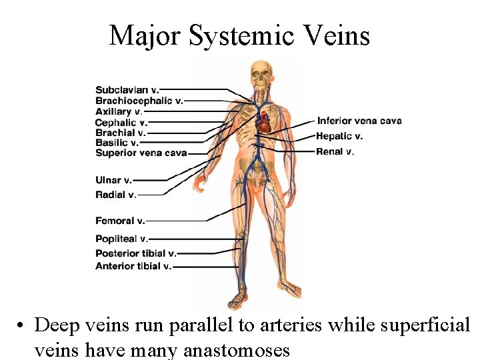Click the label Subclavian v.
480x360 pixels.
127,90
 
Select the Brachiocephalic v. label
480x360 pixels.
139,101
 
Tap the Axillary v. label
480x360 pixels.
119,111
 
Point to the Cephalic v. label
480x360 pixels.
121,122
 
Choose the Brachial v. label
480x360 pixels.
120,133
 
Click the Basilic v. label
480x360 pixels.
117,143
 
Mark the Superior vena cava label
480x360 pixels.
141,153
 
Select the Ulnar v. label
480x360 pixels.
113,180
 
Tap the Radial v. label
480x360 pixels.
115,195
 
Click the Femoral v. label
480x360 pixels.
120,221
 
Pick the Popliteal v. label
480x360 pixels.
121,239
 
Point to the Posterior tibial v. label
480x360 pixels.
136,253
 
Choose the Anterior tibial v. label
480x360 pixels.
133,266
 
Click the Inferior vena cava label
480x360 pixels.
359,121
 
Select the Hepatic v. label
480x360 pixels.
340,136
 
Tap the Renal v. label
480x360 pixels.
335,151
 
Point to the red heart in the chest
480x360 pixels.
265,121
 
